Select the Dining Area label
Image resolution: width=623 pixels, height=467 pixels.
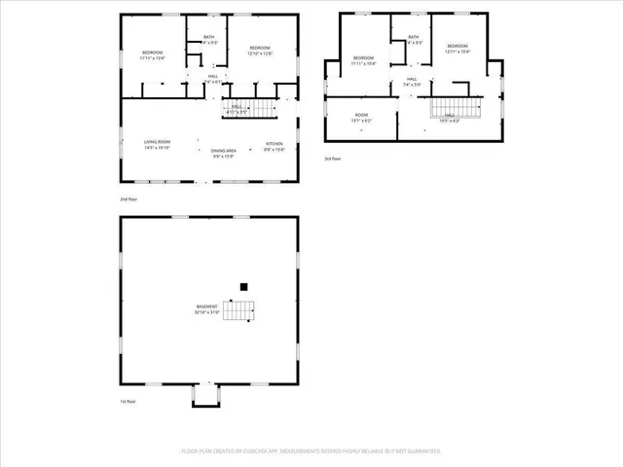[223, 151]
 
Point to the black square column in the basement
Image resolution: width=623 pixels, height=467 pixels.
[244, 287]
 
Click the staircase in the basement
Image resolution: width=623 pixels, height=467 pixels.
[239, 311]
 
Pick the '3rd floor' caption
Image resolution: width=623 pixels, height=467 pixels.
[333, 159]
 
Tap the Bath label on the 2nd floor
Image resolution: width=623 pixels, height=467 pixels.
[208, 40]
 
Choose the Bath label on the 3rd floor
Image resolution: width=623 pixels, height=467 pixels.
[414, 40]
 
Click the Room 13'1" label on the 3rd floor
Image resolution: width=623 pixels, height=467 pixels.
[361, 117]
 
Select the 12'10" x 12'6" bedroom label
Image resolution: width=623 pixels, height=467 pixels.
[259, 51]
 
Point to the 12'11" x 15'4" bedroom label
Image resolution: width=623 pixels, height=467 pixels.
[458, 49]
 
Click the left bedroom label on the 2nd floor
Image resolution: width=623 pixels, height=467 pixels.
[153, 54]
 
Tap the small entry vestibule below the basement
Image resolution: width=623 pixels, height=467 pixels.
[206, 394]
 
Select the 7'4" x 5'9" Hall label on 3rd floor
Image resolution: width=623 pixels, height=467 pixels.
[412, 82]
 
